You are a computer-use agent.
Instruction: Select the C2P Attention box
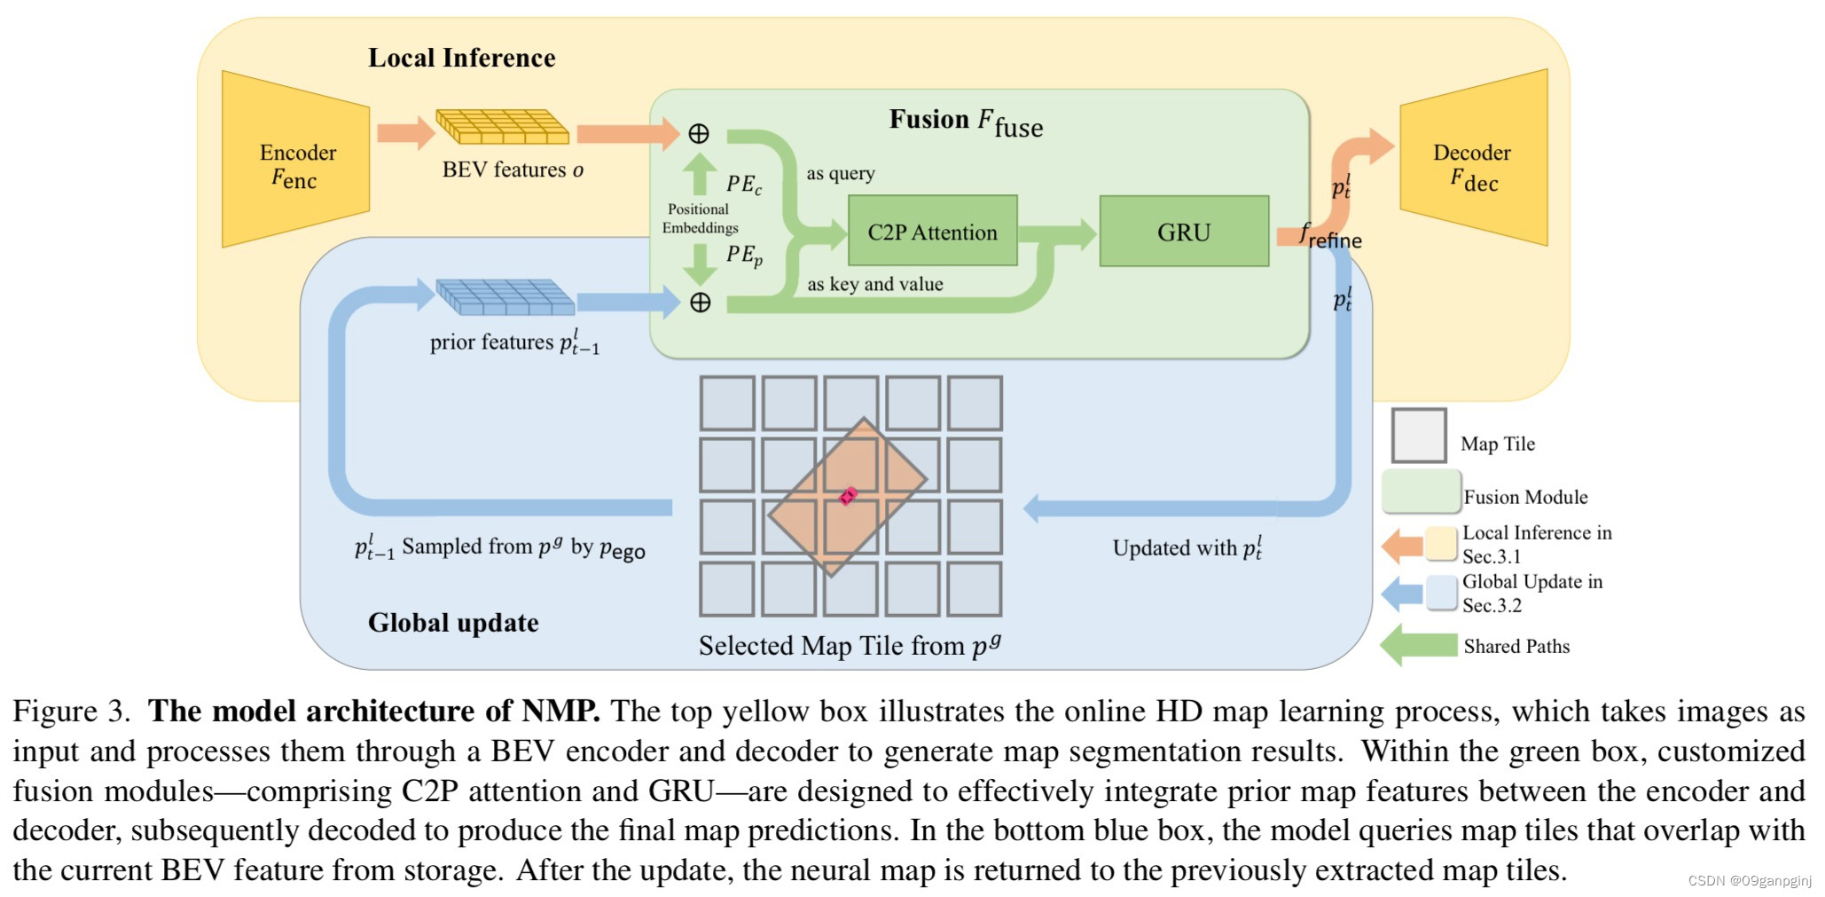pyautogui.click(x=932, y=232)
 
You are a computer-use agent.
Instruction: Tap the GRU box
pyautogui.click(x=1183, y=232)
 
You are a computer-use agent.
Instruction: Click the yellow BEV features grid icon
pyautogui.click(x=503, y=127)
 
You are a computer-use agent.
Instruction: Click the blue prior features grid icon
pyautogui.click(x=505, y=297)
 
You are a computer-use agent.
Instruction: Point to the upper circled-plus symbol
pyautogui.click(x=699, y=134)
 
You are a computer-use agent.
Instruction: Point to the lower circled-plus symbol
pyautogui.click(x=700, y=303)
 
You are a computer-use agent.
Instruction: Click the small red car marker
pyautogui.click(x=848, y=496)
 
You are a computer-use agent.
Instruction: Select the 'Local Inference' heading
pyautogui.click(x=461, y=59)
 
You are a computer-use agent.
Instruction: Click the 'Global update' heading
pyautogui.click(x=452, y=623)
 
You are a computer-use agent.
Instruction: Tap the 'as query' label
pyautogui.click(x=840, y=174)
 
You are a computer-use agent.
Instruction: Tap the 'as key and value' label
pyautogui.click(x=874, y=285)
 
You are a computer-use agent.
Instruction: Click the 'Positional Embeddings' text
pyautogui.click(x=699, y=218)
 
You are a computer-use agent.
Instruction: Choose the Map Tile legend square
pyautogui.click(x=1418, y=436)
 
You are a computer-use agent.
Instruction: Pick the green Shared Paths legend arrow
pyautogui.click(x=1418, y=645)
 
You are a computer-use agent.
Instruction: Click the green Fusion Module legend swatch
pyautogui.click(x=1421, y=492)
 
